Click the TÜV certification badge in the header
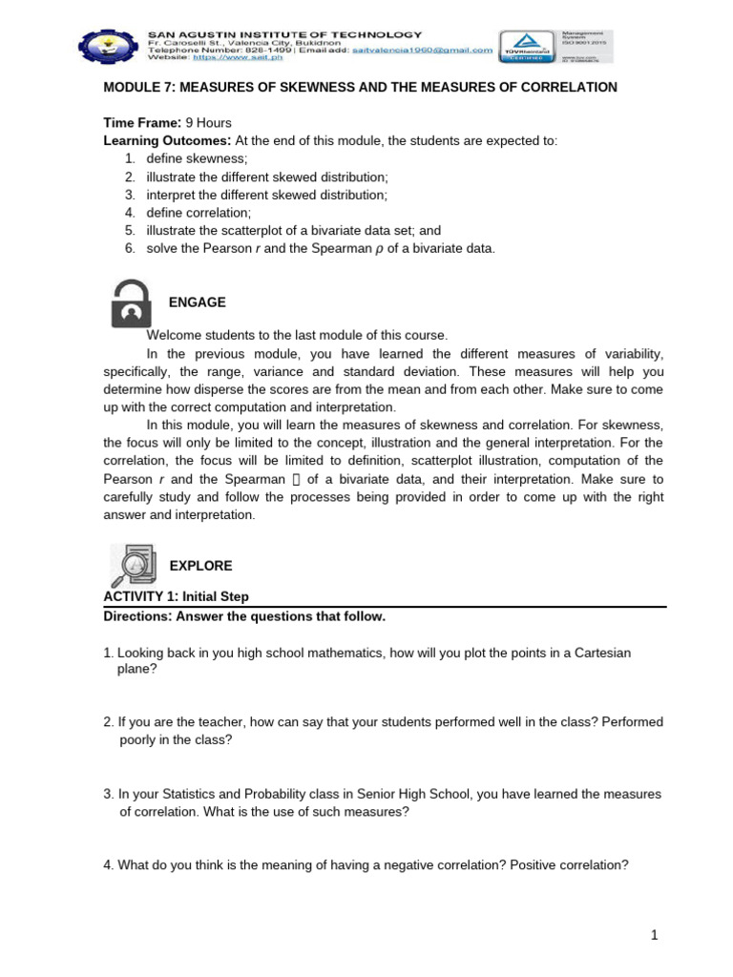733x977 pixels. point(525,45)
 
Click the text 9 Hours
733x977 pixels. point(208,123)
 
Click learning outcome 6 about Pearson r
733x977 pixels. point(321,249)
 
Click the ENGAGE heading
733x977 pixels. point(198,302)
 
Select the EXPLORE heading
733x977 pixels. point(200,566)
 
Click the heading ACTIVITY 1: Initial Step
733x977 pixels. point(176,596)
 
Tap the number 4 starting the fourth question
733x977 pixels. point(107,865)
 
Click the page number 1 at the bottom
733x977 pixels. point(655,936)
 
